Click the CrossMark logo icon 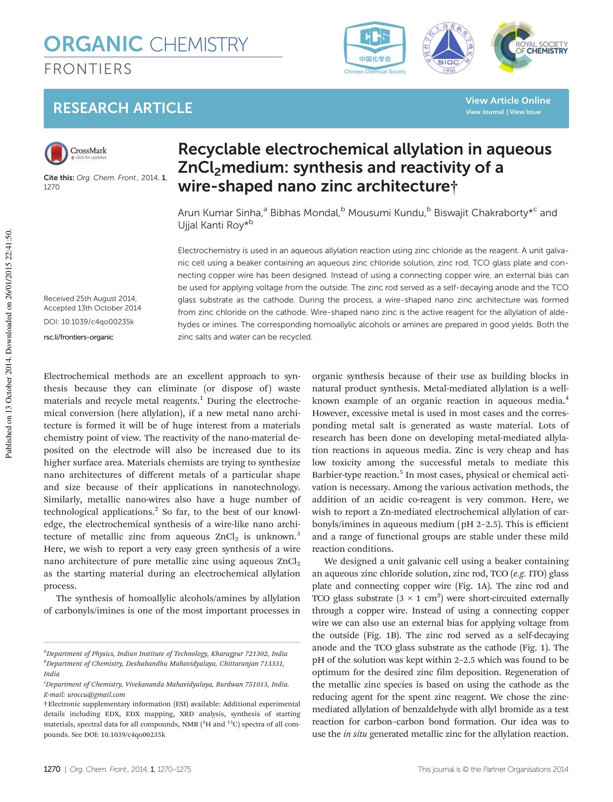pos(56,153)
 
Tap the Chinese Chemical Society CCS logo pos(375,47)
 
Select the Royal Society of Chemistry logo pos(529,47)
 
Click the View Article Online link pos(507,101)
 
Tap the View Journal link pos(485,112)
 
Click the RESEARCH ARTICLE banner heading pos(123,108)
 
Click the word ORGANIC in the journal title pos(93,45)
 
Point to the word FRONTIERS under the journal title pos(88,69)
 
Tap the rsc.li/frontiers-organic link pos(79,337)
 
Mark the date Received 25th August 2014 pos(89,299)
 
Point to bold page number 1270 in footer pos(52,769)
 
